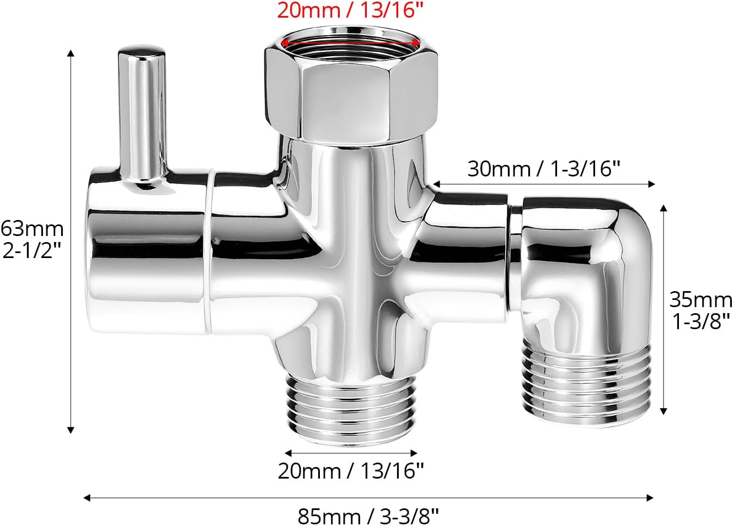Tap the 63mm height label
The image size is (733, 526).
pyautogui.click(x=32, y=229)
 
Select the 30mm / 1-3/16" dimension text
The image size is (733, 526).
pyautogui.click(x=544, y=169)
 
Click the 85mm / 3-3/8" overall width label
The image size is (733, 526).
pyautogui.click(x=368, y=517)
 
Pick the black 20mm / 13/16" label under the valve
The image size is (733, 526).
pyautogui.click(x=351, y=471)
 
